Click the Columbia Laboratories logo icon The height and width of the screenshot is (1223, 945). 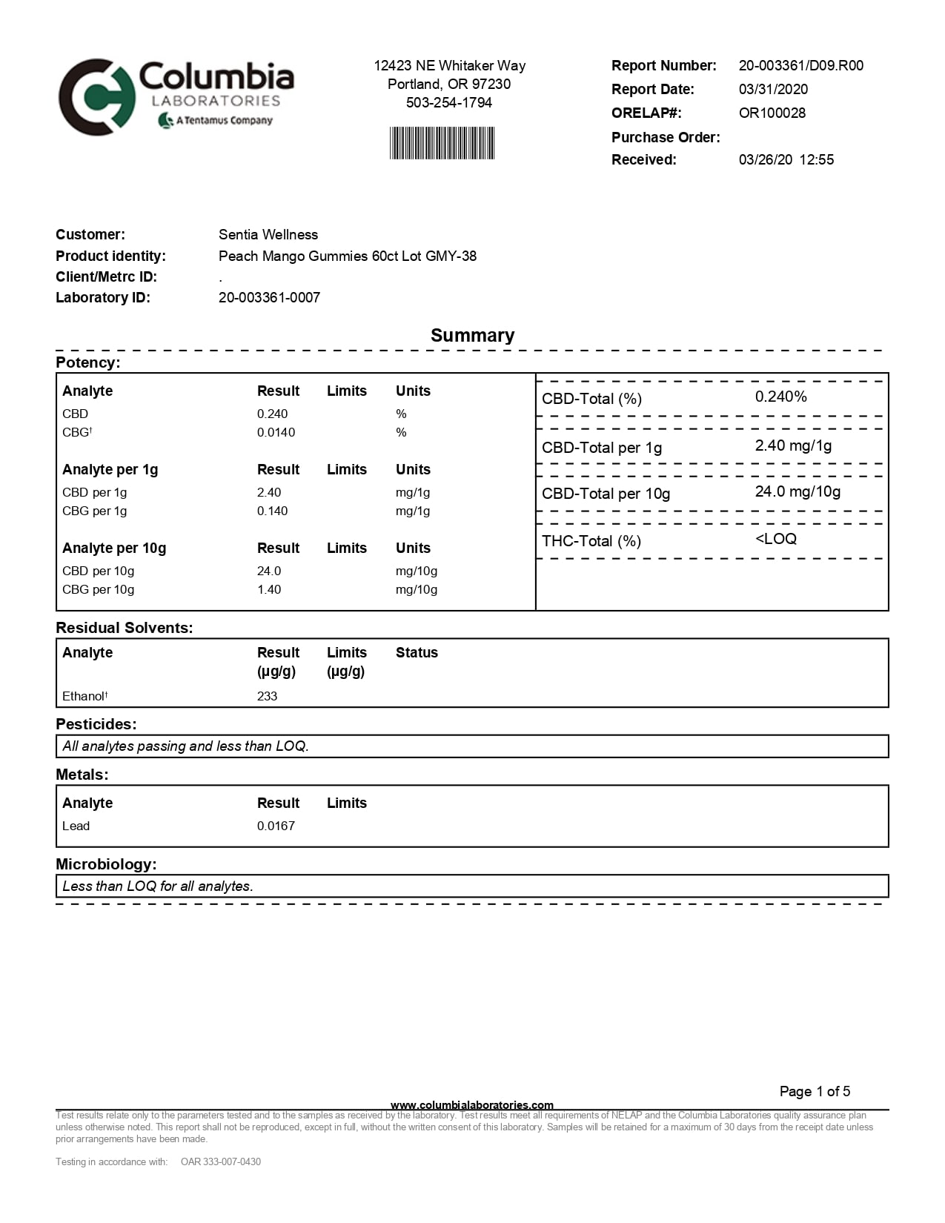pos(96,97)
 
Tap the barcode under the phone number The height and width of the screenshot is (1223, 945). pos(442,143)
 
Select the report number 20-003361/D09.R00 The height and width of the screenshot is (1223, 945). pos(800,65)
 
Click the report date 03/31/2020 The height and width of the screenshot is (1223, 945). pos(773,89)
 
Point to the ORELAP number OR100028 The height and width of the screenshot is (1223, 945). pos(772,113)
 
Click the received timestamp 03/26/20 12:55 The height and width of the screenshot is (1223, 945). pos(786,159)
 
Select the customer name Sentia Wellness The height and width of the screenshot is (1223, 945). pos(268,234)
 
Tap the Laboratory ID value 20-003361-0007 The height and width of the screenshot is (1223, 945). pos(269,297)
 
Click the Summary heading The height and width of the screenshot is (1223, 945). pos(472,335)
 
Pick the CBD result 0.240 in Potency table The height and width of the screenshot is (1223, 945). pos(272,414)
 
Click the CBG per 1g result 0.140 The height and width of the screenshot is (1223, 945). pos(272,511)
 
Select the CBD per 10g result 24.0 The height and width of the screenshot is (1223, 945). pos(269,571)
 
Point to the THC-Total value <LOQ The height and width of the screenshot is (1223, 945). pos(775,539)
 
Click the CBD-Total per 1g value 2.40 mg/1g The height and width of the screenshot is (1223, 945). pos(793,445)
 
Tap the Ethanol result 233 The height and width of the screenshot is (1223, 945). pos(267,696)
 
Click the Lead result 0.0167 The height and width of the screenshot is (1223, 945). pos(276,826)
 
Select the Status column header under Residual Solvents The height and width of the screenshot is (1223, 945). pos(417,652)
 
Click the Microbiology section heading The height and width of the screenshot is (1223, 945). pos(106,864)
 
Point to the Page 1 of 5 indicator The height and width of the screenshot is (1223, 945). pos(815,1091)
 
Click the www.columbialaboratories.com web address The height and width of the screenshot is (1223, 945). pos(472,1105)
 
